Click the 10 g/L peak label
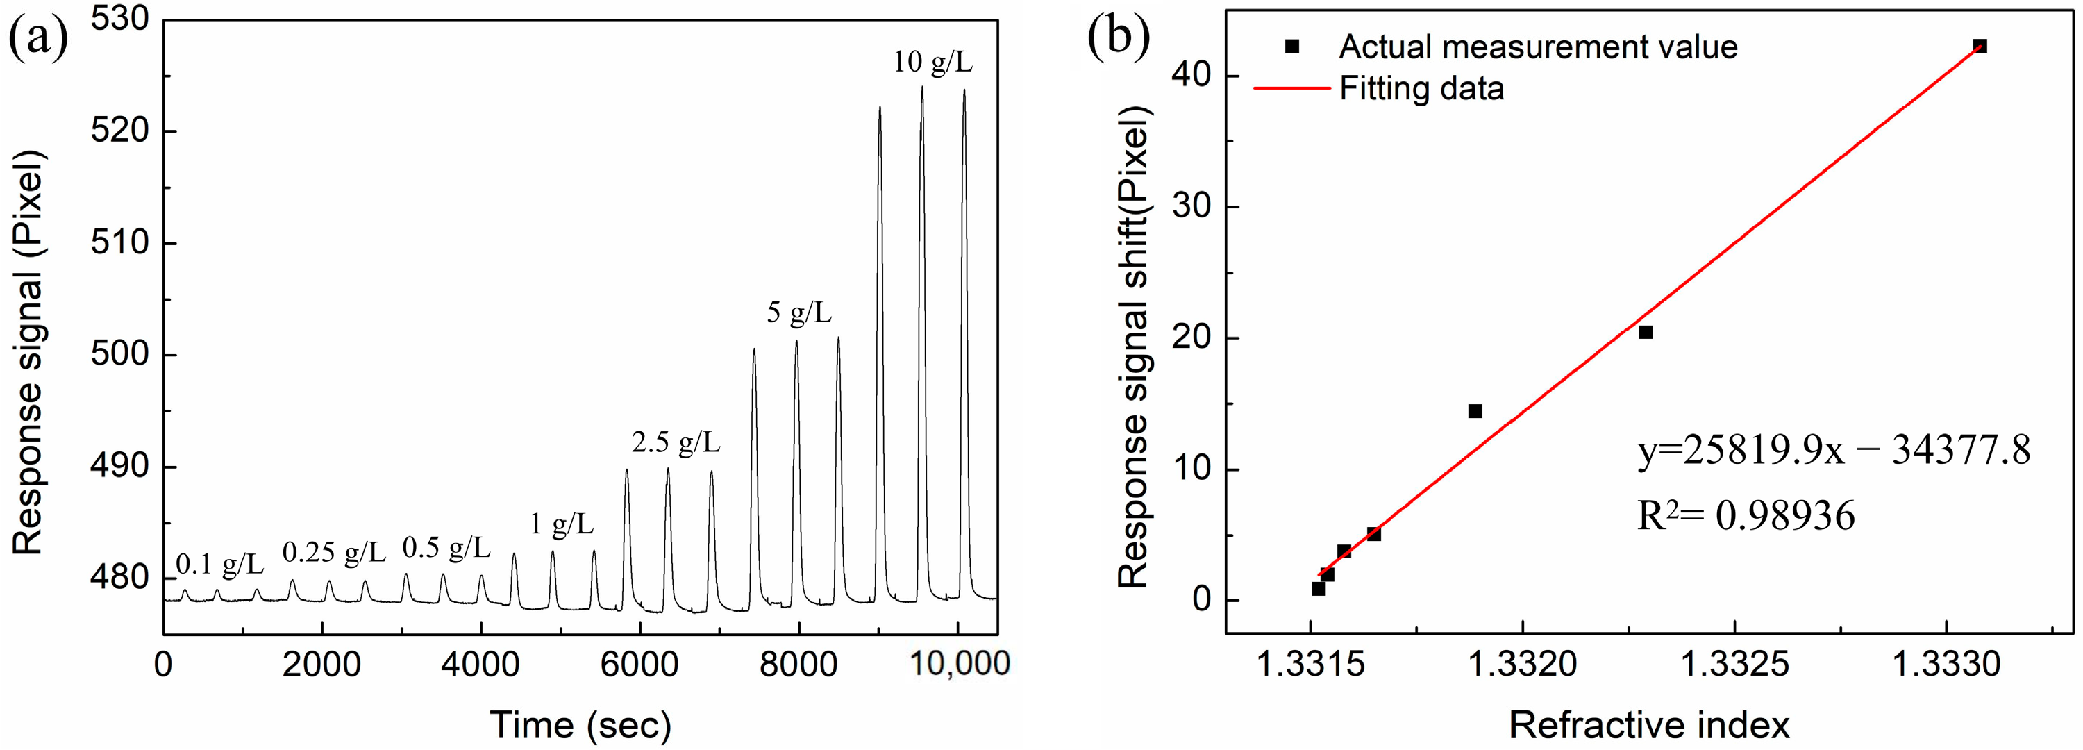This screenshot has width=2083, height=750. click(932, 62)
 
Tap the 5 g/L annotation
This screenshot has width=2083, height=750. click(799, 312)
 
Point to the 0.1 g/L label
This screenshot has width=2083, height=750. click(219, 564)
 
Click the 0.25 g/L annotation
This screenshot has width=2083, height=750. click(334, 553)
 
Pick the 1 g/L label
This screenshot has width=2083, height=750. click(561, 525)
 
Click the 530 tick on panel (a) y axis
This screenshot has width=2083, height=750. click(119, 19)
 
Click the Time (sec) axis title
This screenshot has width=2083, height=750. click(580, 725)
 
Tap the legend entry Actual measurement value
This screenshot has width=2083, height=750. click(1537, 47)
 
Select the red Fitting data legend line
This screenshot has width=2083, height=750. click(1291, 88)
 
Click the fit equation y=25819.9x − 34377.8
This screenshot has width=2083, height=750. click(1833, 451)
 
